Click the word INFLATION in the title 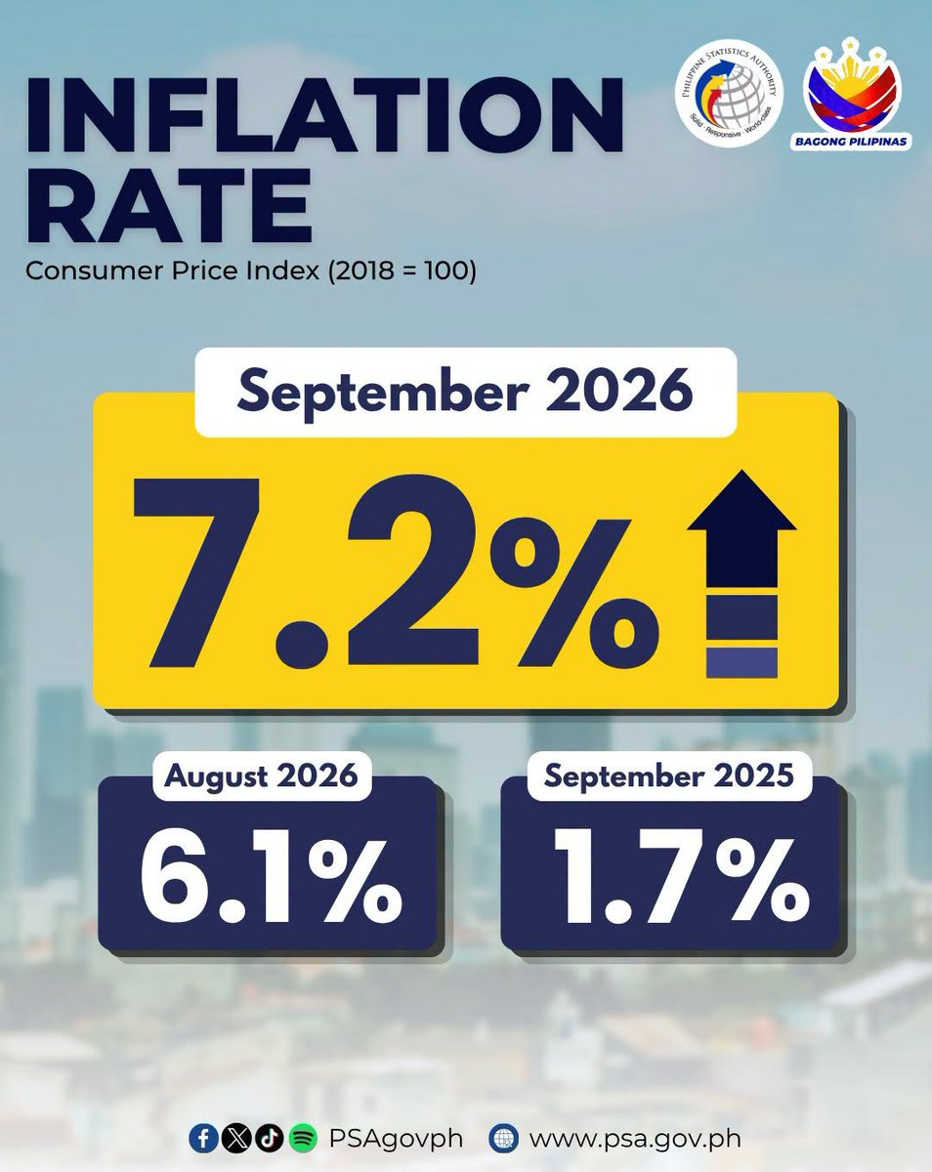(325, 115)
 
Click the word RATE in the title (169, 205)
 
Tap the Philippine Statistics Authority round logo (729, 93)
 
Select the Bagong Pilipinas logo (851, 93)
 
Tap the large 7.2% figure (396, 573)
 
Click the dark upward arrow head (741, 500)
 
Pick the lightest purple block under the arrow (741, 663)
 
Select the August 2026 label (261, 775)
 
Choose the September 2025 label (669, 775)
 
